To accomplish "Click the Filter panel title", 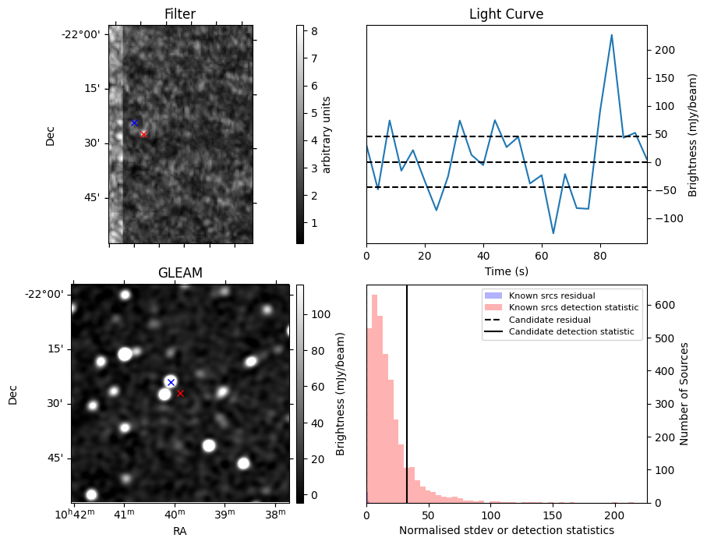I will (180, 14).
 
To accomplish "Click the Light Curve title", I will (506, 14).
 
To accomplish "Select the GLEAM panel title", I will (180, 273).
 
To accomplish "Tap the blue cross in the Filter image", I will (134, 122).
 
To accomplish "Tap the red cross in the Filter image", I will (143, 134).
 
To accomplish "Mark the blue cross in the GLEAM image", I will (171, 382).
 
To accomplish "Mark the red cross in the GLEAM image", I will (180, 393).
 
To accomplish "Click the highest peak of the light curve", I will (612, 35).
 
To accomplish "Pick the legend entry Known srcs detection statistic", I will (573, 307).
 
